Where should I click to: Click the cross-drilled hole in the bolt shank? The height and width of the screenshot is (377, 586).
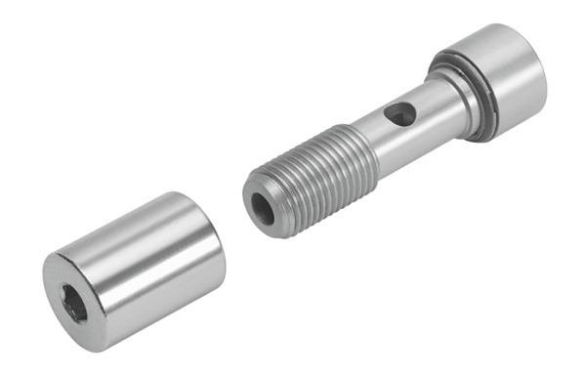pyautogui.click(x=397, y=115)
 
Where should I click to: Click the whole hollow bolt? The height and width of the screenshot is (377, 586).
pyautogui.click(x=391, y=132)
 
